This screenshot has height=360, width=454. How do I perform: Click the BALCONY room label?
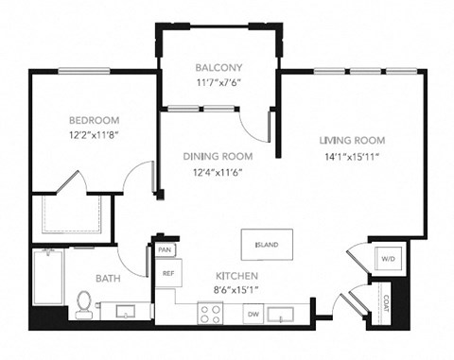pos(219,67)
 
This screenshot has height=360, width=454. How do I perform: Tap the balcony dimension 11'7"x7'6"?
pos(219,81)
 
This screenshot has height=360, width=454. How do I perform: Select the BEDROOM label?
pos(94,120)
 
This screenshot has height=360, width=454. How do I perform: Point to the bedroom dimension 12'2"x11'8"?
pos(94,136)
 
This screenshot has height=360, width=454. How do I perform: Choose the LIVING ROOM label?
pos(353,140)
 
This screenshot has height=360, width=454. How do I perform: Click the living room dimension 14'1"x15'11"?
pos(353,156)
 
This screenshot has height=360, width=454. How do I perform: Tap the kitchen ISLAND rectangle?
pos(266,245)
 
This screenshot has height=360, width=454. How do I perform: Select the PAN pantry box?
pos(165,249)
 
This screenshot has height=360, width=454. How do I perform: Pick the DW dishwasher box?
pos(252,313)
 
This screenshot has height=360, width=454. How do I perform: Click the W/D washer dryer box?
pos(387,258)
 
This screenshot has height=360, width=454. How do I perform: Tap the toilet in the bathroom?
pos(85,303)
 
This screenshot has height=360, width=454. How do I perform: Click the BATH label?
pos(106,279)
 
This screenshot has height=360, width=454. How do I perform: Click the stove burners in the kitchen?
pos(209,313)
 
